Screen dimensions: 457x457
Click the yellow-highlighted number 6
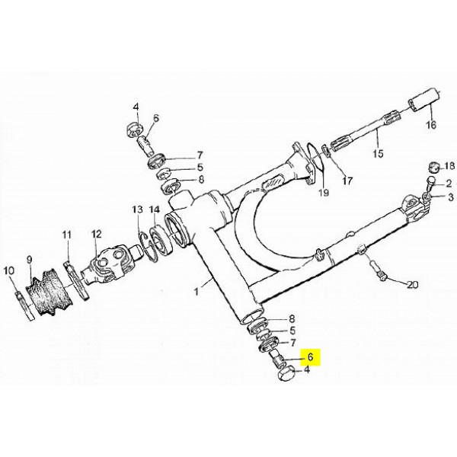pyautogui.click(x=311, y=356)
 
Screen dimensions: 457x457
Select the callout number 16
pyautogui.click(x=431, y=125)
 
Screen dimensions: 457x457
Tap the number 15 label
pyautogui.click(x=379, y=153)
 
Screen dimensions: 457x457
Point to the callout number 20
pyautogui.click(x=412, y=284)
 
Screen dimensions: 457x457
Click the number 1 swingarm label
pyautogui.click(x=197, y=291)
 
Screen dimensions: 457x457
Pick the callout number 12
pyautogui.click(x=97, y=234)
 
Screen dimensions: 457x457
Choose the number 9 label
pyautogui.click(x=29, y=260)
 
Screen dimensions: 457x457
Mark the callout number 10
pyautogui.click(x=8, y=270)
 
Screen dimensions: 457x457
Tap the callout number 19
pyautogui.click(x=324, y=193)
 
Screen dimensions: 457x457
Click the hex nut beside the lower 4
pyautogui.click(x=284, y=375)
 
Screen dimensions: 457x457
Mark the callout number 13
pyautogui.click(x=138, y=209)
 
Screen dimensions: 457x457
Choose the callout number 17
pyautogui.click(x=347, y=181)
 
